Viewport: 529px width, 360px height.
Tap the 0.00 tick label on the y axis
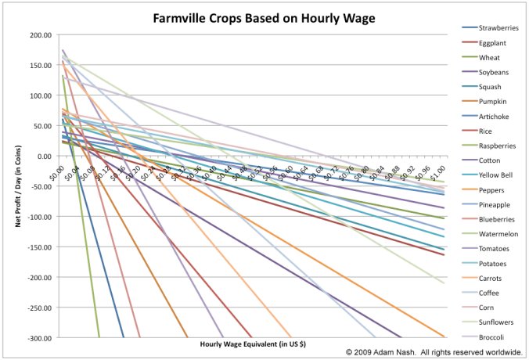[41, 157]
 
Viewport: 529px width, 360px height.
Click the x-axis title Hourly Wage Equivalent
[253, 344]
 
